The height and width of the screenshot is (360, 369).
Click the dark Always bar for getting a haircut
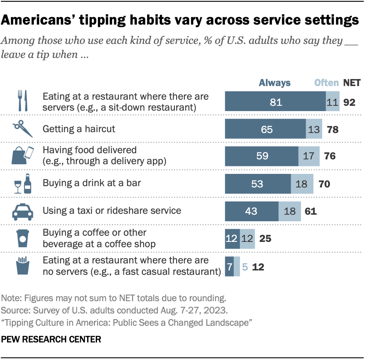coord(265,130)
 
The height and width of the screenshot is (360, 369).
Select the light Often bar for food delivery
coord(309,156)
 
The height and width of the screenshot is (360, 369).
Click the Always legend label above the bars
coord(275,83)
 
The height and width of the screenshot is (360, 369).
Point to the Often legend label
coord(326,83)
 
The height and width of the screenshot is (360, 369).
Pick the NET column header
coord(351,83)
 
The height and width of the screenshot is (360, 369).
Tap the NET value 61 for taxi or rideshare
coord(311,211)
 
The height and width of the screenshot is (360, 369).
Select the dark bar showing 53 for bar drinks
coord(258,184)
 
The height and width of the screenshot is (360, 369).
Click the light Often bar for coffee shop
coord(247,238)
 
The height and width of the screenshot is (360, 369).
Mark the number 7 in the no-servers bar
coord(229,266)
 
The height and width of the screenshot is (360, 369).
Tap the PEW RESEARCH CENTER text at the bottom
coord(52,339)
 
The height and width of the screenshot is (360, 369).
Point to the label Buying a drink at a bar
coord(92,183)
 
